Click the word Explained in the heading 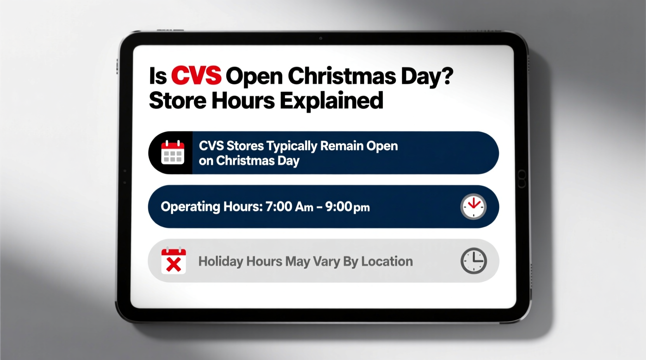click(332, 101)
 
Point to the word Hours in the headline click(243, 101)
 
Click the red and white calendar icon click(173, 152)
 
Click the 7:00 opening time click(278, 207)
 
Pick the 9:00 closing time click(339, 207)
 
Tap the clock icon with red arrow click(473, 206)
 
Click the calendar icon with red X click(173, 261)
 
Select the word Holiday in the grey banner click(221, 261)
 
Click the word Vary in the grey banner click(326, 261)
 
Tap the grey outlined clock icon click(474, 261)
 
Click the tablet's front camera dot click(321, 38)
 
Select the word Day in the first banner click(288, 161)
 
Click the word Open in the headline click(254, 76)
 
